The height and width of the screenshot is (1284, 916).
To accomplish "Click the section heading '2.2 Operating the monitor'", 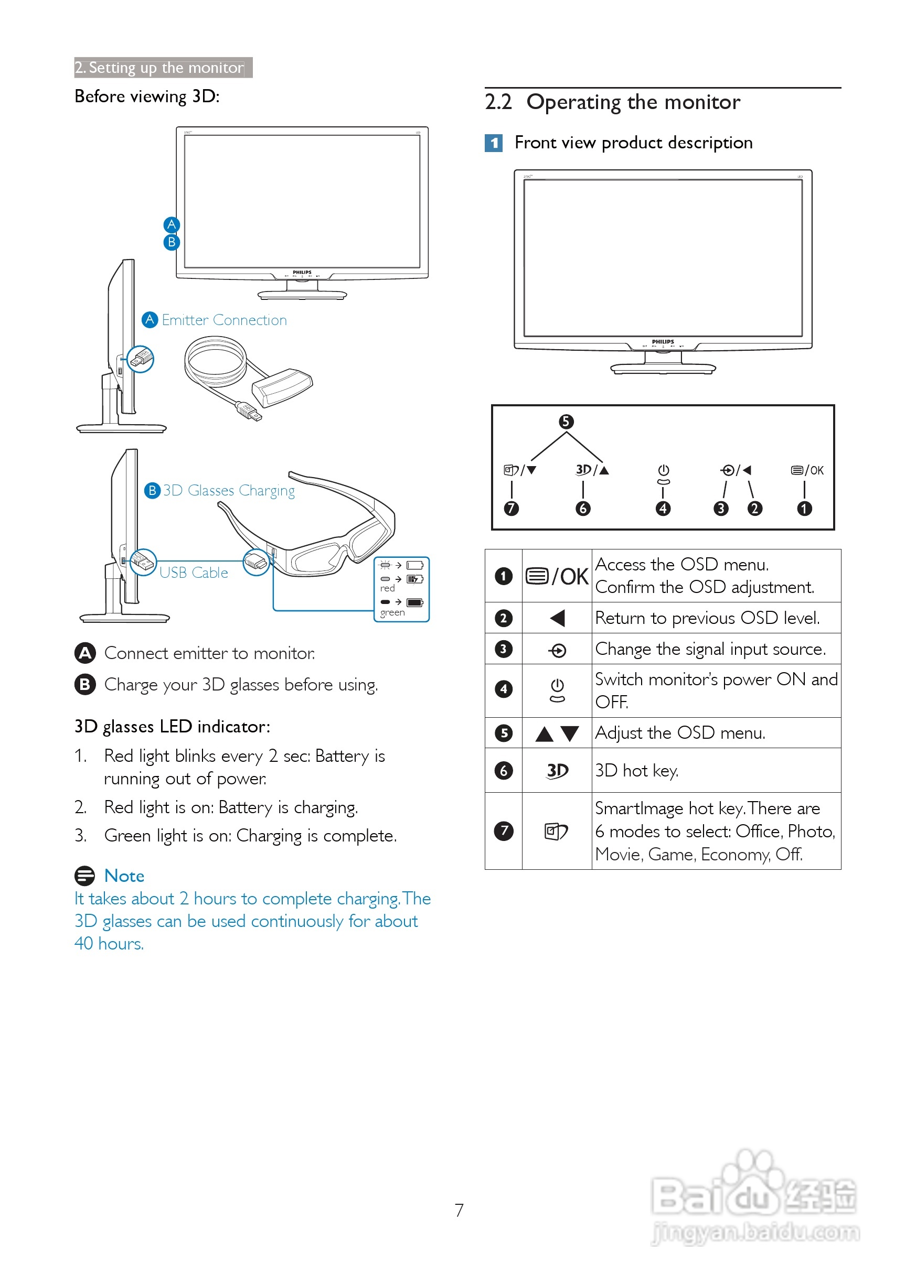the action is (x=612, y=102).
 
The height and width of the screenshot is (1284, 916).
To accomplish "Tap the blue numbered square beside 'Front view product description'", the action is (x=494, y=143).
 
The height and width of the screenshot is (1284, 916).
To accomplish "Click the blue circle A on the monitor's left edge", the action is (x=172, y=225).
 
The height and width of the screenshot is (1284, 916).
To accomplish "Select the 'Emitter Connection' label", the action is (x=224, y=320).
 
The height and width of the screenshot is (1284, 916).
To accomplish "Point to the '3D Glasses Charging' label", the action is (x=229, y=490).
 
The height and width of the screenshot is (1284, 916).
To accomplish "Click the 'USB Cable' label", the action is (x=194, y=573).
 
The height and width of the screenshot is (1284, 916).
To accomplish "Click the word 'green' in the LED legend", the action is (x=392, y=613).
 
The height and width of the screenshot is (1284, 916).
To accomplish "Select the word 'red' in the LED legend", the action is (x=388, y=588).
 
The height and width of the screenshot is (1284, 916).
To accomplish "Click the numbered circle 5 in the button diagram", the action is (x=566, y=422).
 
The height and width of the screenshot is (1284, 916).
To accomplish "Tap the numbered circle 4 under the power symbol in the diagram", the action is (x=663, y=509).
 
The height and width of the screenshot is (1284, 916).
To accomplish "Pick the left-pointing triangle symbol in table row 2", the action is (x=557, y=618).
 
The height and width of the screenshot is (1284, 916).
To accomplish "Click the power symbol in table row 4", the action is (x=557, y=690).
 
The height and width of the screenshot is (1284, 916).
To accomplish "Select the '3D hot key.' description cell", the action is (x=716, y=771).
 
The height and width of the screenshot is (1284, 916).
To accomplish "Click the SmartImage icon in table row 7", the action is (x=556, y=832).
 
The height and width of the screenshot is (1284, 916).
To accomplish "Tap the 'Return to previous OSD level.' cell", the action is (x=716, y=618).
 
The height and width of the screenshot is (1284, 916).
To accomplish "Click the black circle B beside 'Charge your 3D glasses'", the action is (x=84, y=684).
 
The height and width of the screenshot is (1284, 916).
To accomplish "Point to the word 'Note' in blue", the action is (x=124, y=876).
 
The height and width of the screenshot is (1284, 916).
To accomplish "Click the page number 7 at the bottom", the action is (x=459, y=1210).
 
